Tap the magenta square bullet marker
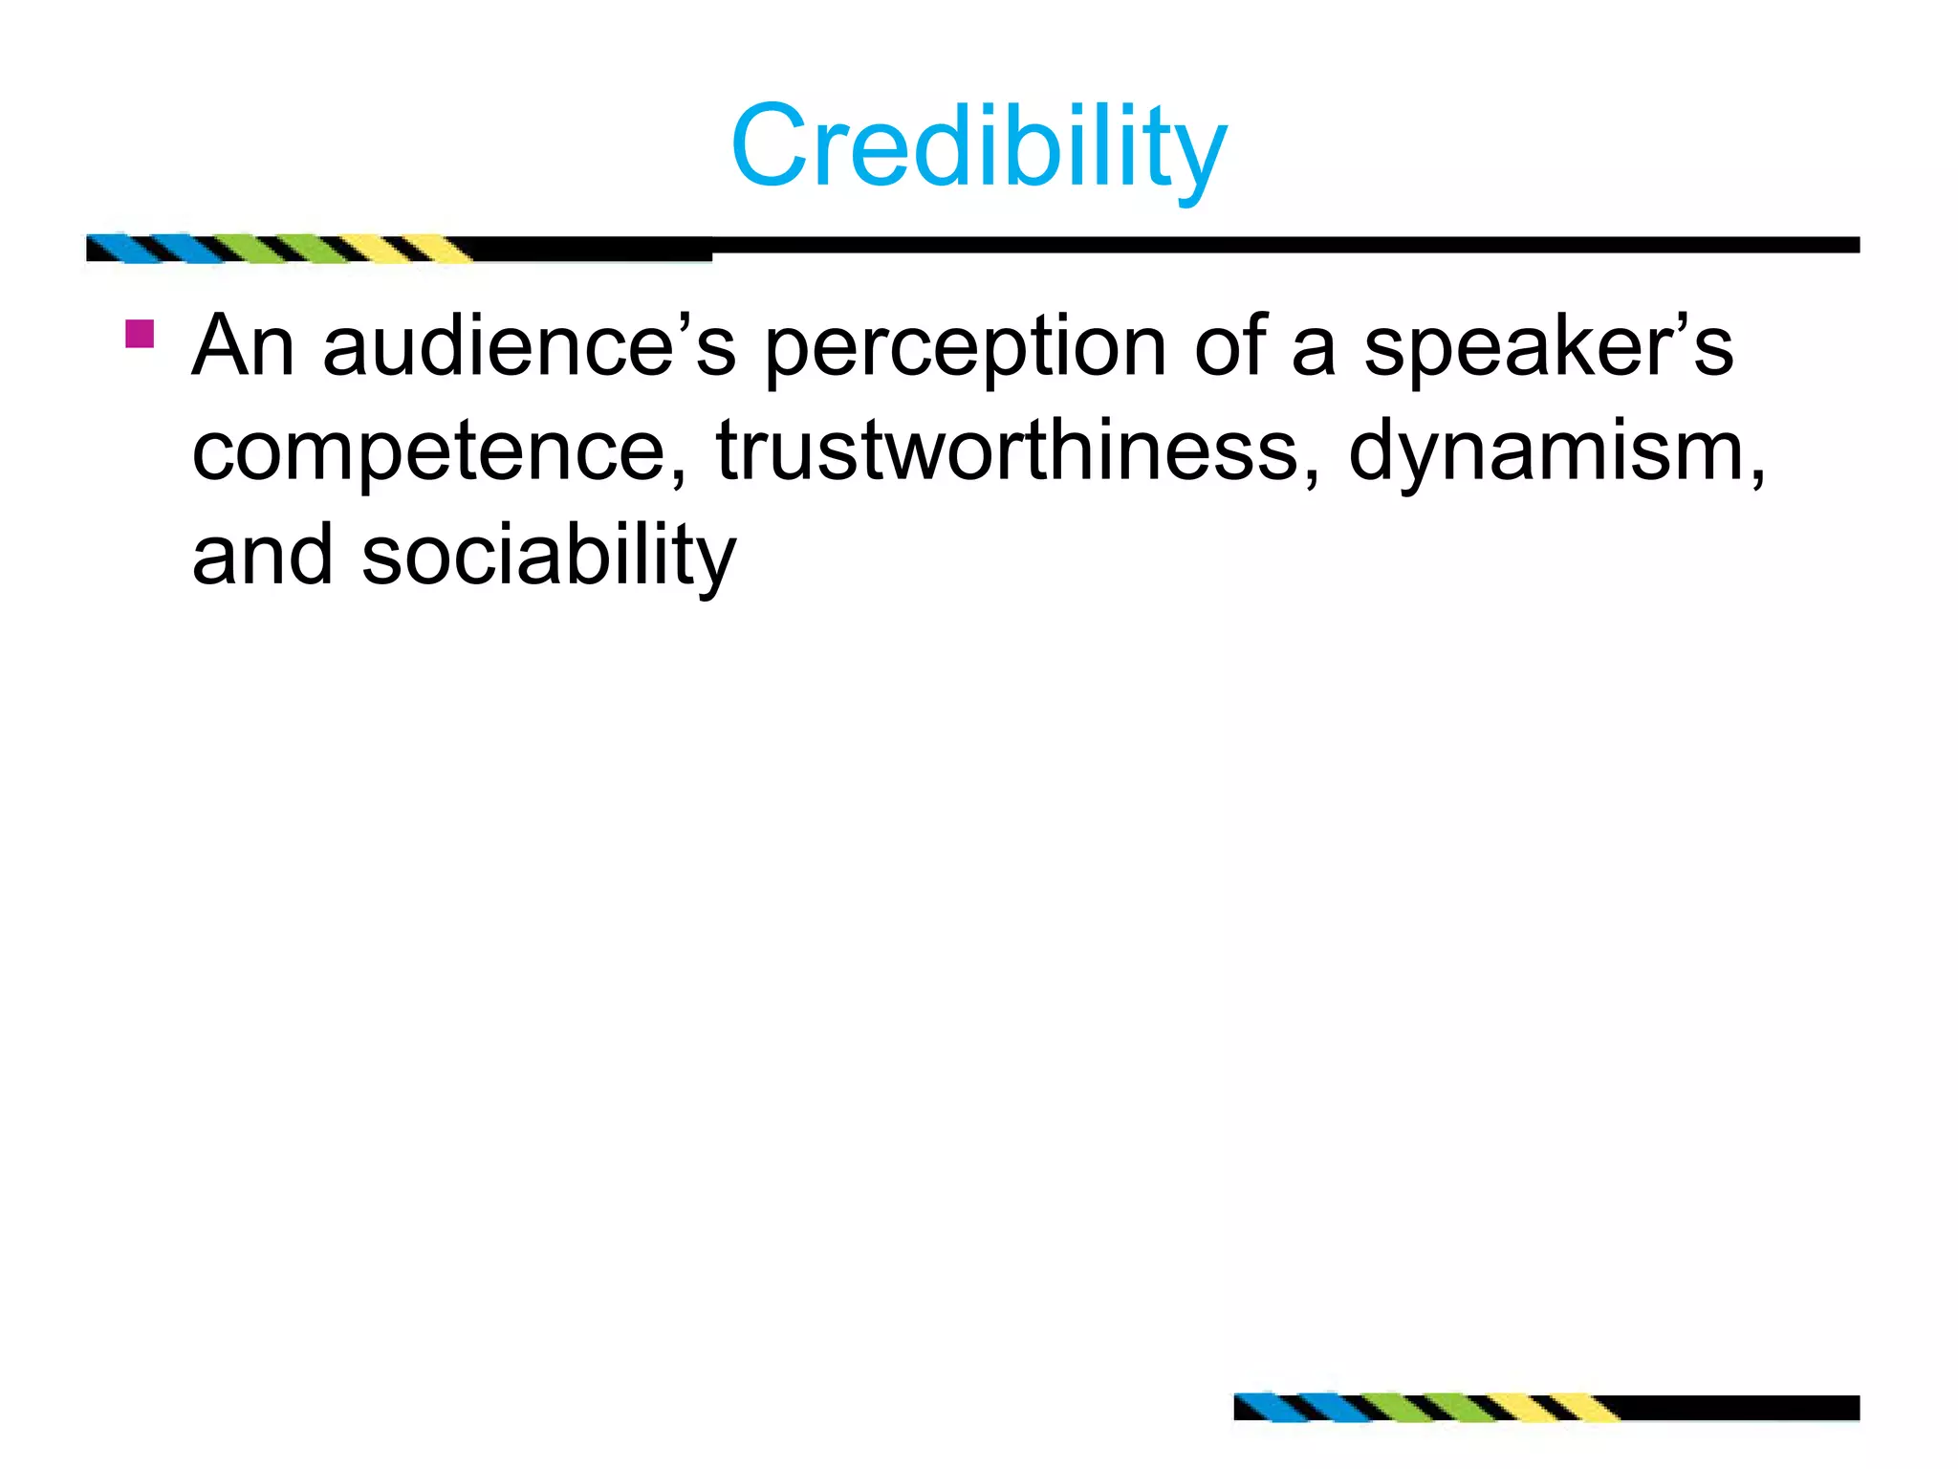[x=140, y=334]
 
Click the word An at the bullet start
[x=243, y=346]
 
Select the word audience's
[x=530, y=346]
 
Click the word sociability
[x=549, y=557]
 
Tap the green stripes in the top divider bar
[x=277, y=248]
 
